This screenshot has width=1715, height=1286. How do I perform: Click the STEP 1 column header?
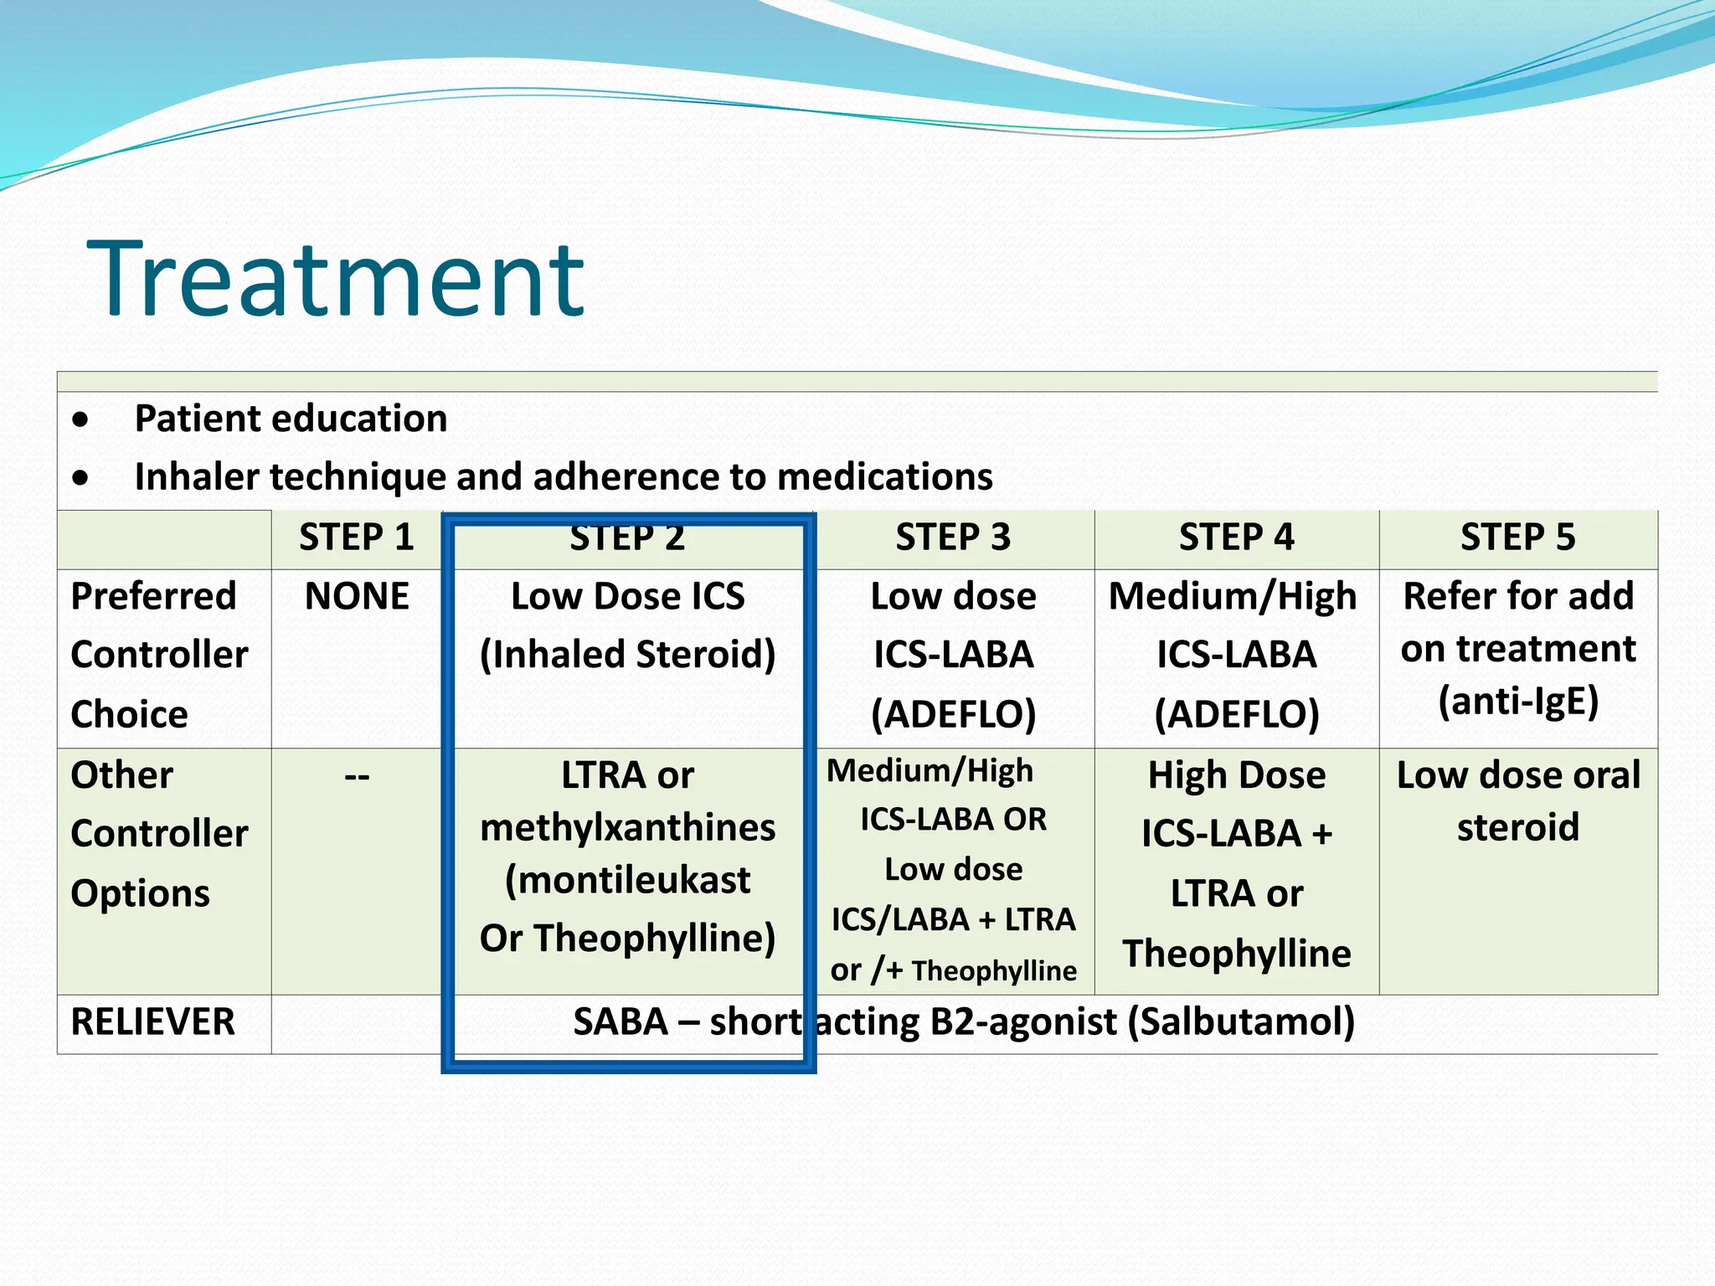coord(357,538)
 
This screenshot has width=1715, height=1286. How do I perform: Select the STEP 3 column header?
coord(953,538)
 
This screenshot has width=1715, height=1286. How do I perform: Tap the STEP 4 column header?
coord(1236,538)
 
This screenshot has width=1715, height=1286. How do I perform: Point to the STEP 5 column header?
coord(1517,538)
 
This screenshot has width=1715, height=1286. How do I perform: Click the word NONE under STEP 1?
coord(357,597)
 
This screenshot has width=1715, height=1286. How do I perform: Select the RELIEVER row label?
coord(153,1022)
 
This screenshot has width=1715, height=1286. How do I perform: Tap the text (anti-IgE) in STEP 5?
coord(1517,701)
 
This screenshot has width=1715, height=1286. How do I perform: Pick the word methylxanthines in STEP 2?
coord(627,828)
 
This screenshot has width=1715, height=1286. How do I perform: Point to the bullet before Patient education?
coord(80,419)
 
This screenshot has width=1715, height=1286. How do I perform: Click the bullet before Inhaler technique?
coord(80,478)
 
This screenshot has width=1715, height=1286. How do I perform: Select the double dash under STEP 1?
coord(357,777)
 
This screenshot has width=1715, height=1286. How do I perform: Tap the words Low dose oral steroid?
coord(1517,801)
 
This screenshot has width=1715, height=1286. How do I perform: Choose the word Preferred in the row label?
coord(153,597)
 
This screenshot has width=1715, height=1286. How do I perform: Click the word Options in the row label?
coord(140,893)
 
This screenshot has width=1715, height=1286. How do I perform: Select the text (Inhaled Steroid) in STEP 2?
coord(627,655)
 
